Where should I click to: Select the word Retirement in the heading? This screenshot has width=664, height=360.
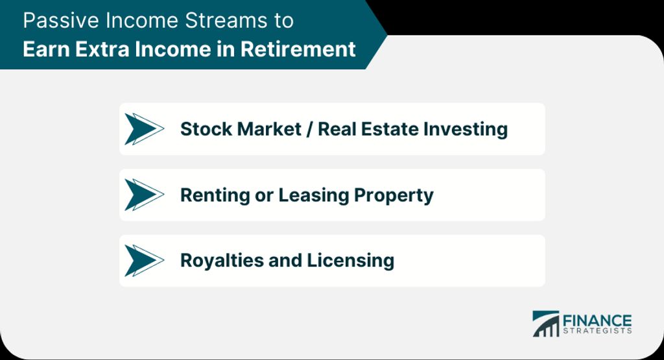pyautogui.click(x=298, y=49)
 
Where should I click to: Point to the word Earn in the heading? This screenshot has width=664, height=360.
pyautogui.click(x=47, y=49)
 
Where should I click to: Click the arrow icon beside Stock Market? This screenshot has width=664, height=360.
pyautogui.click(x=144, y=129)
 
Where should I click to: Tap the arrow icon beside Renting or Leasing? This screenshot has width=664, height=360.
pyautogui.click(x=144, y=195)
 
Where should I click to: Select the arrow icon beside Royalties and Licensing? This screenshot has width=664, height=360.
pyautogui.click(x=144, y=261)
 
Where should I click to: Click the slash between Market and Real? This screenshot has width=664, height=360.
pyautogui.click(x=309, y=129)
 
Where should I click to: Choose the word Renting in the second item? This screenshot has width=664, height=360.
pyautogui.click(x=215, y=195)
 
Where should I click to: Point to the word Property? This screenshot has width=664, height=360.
pyautogui.click(x=394, y=195)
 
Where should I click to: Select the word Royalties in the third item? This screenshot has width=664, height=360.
pyautogui.click(x=222, y=261)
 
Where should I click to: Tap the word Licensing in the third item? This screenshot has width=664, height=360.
pyautogui.click(x=351, y=261)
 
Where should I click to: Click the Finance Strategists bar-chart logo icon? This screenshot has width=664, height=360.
pyautogui.click(x=546, y=324)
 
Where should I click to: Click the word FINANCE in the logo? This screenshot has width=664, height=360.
pyautogui.click(x=597, y=320)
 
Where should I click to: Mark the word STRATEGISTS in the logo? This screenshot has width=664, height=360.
pyautogui.click(x=597, y=331)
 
